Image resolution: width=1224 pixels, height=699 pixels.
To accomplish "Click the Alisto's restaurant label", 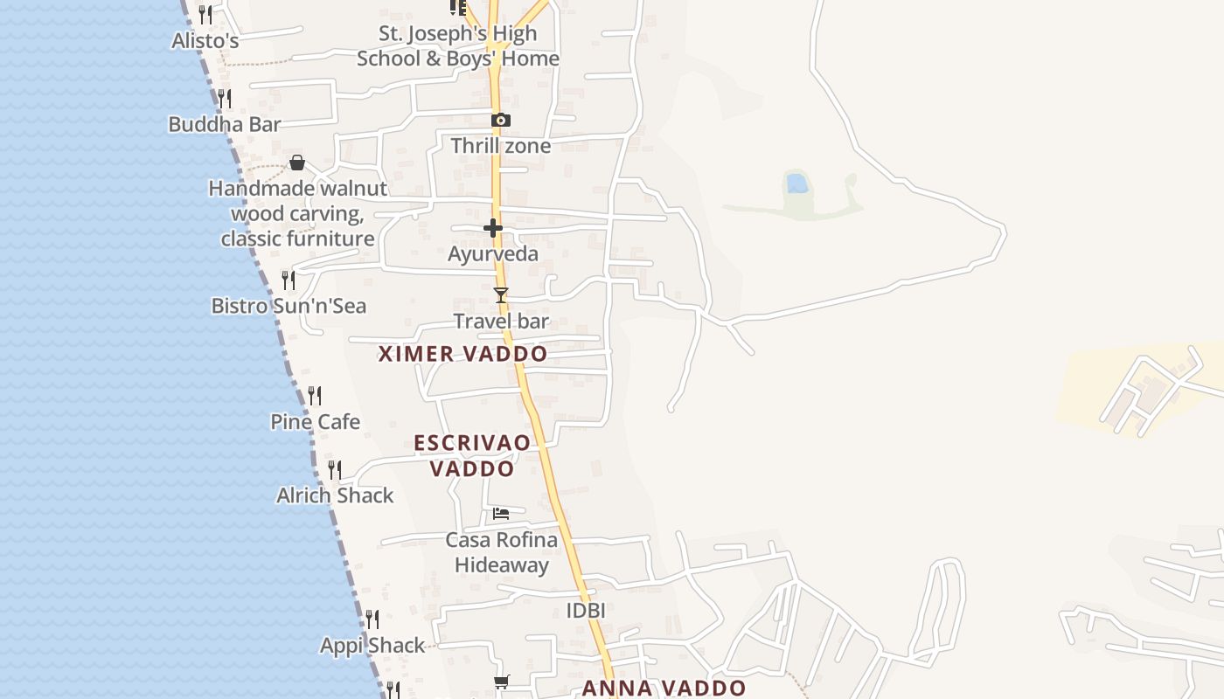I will point(205,40).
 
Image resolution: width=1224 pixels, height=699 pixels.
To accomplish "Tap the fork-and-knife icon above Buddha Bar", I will point(225,98).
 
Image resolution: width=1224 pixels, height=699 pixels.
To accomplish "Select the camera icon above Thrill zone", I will point(501,120).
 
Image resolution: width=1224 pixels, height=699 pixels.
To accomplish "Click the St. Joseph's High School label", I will point(458,46).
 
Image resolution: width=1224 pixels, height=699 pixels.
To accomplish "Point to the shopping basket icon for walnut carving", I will point(297,163).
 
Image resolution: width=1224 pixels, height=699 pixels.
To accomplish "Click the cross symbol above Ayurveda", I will point(493,228).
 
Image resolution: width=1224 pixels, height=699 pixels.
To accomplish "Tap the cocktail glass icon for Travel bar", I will point(501,295).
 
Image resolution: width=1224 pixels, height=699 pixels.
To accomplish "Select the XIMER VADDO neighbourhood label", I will point(462,354).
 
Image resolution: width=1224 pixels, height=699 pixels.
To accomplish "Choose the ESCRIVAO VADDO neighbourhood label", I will point(472,455).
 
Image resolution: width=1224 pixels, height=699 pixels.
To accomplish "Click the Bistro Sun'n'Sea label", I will point(289,306).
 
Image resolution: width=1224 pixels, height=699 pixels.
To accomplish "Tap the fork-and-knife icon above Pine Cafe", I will point(315,395).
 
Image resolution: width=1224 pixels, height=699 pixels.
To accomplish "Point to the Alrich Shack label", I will point(335,495).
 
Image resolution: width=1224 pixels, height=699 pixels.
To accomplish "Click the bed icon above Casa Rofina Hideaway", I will point(501,513).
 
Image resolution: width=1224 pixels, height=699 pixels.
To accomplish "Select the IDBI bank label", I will point(586,610).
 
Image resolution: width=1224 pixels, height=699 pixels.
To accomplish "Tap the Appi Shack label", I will point(372,646).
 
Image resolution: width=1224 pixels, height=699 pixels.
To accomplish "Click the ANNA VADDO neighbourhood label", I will point(664,688).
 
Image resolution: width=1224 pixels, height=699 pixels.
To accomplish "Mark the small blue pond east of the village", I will point(796,183).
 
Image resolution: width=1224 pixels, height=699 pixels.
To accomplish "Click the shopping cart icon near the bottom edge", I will point(501,682).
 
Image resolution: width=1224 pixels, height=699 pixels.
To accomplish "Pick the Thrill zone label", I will point(501,145).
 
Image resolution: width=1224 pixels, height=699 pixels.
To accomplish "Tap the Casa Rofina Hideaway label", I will point(502,552).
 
